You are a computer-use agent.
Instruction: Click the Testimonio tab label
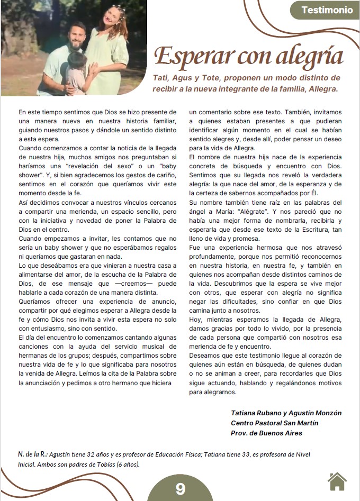coord(327,10)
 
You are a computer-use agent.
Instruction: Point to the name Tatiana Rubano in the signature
coord(257,413)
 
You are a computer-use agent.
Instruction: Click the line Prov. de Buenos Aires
coord(266,433)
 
